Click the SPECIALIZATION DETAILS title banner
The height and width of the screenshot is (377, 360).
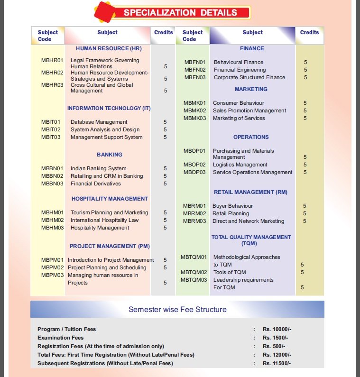click(180, 13)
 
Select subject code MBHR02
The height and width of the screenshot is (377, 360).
click(52, 73)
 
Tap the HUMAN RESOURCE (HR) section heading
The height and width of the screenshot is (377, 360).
click(109, 48)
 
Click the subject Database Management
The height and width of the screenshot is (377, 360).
click(99, 122)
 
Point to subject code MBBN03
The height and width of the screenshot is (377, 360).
click(52, 184)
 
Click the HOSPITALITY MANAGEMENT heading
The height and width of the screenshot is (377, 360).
click(110, 199)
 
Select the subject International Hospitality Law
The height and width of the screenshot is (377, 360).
click(104, 220)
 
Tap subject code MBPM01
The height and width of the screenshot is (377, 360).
click(52, 260)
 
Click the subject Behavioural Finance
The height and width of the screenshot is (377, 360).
click(238, 62)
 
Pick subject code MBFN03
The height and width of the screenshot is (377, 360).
click(195, 77)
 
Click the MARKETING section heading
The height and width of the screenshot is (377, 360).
click(251, 89)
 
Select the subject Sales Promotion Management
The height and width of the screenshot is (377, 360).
click(249, 110)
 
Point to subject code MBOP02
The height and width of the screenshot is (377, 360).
click(194, 165)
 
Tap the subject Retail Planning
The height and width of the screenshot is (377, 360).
click(231, 213)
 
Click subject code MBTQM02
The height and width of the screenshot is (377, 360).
click(194, 272)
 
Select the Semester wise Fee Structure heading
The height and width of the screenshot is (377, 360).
click(177, 310)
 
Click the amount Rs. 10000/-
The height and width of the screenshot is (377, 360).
click(277, 329)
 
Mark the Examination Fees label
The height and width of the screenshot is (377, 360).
click(60, 338)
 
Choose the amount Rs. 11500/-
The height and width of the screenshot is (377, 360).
click(277, 363)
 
